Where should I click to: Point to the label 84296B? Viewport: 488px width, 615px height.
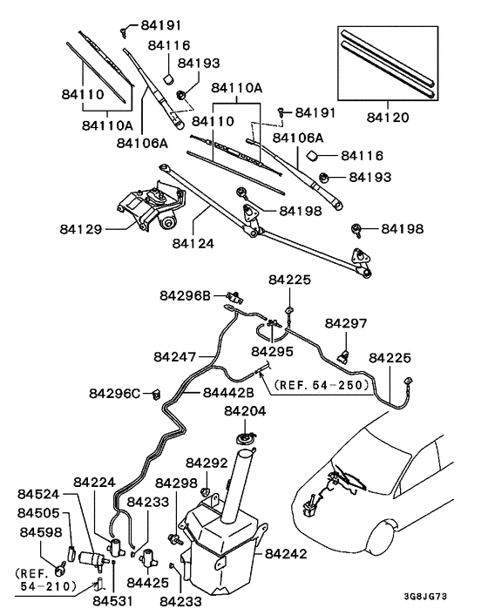185,295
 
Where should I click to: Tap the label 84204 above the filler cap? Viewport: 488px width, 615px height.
247,410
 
